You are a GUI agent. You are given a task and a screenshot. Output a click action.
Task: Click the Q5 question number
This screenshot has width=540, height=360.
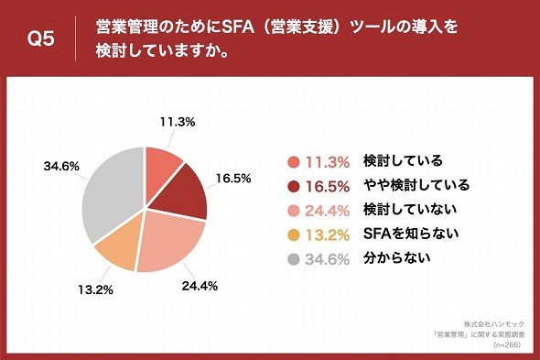point(41,38)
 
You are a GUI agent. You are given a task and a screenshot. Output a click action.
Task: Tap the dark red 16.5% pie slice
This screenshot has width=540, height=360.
point(182,193)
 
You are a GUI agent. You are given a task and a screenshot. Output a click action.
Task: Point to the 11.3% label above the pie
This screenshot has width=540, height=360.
point(178,122)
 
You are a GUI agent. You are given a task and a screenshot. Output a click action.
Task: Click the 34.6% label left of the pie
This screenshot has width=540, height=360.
point(61,166)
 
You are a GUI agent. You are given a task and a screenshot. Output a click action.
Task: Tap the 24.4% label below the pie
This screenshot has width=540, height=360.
point(200,286)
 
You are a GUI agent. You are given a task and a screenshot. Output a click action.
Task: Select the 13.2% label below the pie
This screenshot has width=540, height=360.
point(95,289)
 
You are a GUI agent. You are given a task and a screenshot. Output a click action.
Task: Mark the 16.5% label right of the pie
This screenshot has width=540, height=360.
point(233,179)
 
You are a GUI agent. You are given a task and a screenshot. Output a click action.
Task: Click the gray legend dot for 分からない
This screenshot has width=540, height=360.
point(294,259)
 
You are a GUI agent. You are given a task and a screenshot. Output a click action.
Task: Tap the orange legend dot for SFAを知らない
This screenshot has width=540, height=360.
point(294,235)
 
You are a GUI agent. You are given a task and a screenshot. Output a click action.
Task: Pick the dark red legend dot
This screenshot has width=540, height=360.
point(294,187)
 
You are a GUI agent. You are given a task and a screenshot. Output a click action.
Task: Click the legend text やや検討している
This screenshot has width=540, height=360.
point(416,185)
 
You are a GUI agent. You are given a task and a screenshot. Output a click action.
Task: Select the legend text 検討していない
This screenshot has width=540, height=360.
point(410,209)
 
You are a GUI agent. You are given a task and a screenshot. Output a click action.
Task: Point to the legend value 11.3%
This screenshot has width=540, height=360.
point(328,162)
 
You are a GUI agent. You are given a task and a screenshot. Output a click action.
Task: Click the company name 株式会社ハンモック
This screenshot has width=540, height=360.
point(494,324)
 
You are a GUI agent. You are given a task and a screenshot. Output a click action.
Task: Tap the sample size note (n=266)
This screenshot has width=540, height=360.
point(507,344)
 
